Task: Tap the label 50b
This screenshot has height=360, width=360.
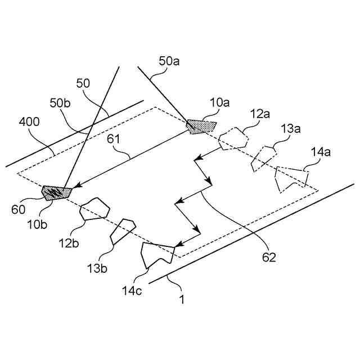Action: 61,103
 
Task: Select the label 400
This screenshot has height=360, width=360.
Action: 30,122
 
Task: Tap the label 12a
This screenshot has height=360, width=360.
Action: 260,114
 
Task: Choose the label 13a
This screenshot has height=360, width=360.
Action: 291,129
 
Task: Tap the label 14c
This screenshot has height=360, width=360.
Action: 132,291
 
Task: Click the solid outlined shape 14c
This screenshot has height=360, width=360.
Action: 156,253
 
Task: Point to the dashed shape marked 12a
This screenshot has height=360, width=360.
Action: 233,139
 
